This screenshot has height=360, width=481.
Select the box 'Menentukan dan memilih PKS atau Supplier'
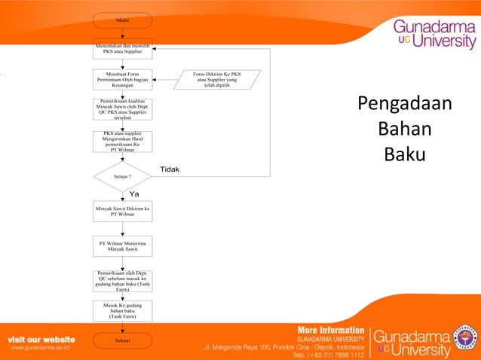tap(122, 48)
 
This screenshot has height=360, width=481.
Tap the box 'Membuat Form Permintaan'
tap(122, 80)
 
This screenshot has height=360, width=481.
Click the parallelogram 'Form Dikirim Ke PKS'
tap(216, 80)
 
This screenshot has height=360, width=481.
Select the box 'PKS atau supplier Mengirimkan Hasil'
tap(122, 142)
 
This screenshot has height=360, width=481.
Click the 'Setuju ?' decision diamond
tap(122, 176)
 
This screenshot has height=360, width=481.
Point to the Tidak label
tap(170, 169)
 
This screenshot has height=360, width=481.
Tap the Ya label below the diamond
tap(134, 194)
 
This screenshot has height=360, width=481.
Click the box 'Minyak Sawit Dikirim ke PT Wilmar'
tap(122, 211)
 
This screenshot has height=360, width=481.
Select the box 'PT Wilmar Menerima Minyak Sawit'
tap(122, 246)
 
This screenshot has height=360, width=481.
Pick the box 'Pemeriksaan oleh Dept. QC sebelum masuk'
tap(122, 281)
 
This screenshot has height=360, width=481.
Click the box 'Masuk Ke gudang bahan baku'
tap(122, 310)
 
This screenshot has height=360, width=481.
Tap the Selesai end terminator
tap(122, 340)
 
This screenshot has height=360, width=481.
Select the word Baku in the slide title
tap(405, 154)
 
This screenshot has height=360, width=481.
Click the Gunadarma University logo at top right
tap(434, 34)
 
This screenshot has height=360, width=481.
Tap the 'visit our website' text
tap(41, 340)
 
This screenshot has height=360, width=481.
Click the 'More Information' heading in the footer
tap(331, 331)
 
